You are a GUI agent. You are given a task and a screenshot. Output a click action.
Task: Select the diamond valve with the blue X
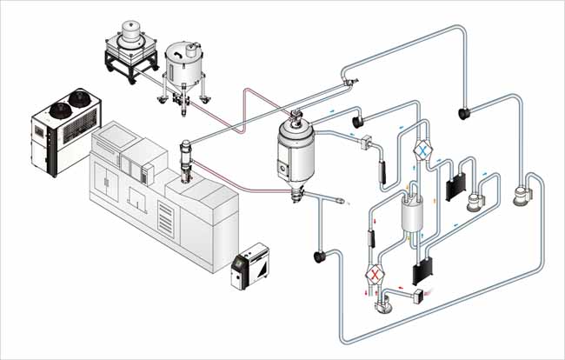[x=422, y=150]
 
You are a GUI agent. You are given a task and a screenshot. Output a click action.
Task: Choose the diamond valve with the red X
[x=375, y=275]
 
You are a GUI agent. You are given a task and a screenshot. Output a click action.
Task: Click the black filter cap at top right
[x=464, y=111]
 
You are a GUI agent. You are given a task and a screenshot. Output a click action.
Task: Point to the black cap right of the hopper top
[x=357, y=121]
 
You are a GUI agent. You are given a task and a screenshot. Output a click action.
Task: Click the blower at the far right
[x=522, y=197]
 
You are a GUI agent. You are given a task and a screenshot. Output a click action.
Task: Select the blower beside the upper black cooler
[x=473, y=202]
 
